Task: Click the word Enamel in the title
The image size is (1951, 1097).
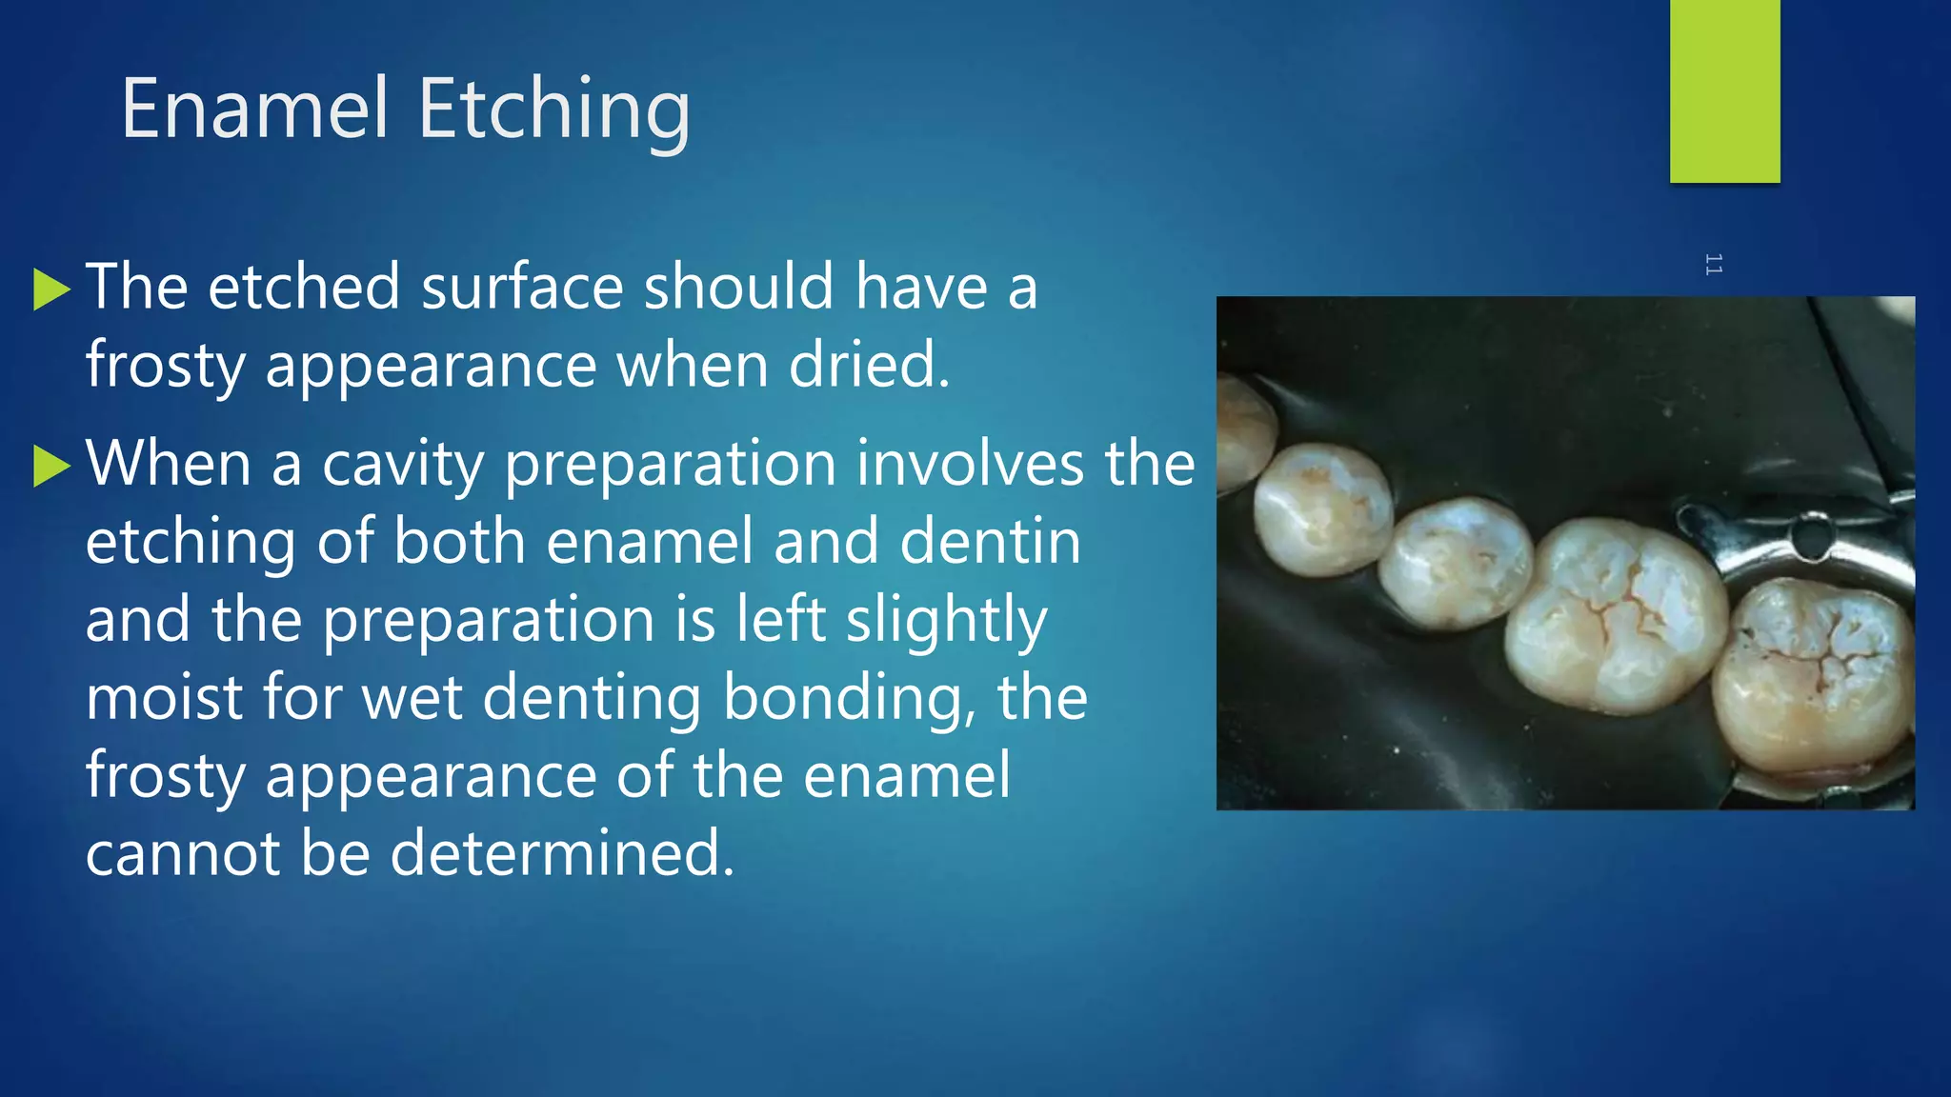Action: click(x=255, y=109)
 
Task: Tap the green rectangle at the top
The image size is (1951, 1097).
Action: click(x=1724, y=90)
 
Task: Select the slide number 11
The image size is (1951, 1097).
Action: click(x=1713, y=264)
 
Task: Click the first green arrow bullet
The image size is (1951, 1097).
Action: click(x=51, y=289)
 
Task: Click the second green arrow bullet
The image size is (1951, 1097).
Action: click(x=51, y=466)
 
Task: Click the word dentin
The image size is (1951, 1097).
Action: click(x=990, y=542)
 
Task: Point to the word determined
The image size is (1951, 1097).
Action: click(x=562, y=852)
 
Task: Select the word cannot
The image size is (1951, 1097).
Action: click(x=182, y=852)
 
